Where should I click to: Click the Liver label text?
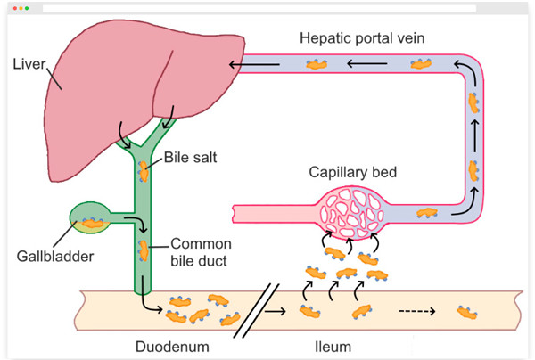[29, 64]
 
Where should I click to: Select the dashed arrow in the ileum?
[414, 312]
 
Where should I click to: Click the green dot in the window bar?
[26, 8]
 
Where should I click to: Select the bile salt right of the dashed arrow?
[465, 311]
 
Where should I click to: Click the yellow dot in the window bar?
[20, 8]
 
